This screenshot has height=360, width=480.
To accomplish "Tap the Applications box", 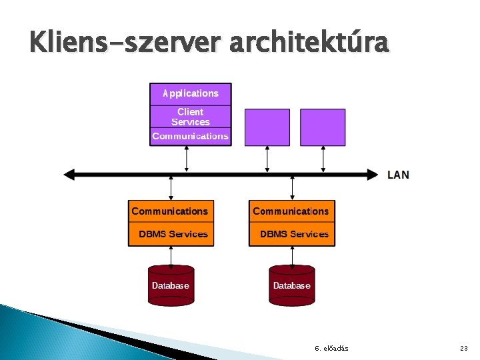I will coord(191,93).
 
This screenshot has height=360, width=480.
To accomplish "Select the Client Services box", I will coord(191,117).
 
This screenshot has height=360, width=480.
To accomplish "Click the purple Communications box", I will coord(191,136).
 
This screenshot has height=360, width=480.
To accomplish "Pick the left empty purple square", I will coord(267,127).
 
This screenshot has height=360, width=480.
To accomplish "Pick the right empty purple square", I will coord(323,127).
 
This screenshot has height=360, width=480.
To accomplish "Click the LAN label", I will coord(398,175).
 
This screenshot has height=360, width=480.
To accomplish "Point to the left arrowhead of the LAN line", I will coord(69,175).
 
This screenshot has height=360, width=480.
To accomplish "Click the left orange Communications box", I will coord(171,211).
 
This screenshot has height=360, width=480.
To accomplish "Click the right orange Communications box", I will coord(291,211).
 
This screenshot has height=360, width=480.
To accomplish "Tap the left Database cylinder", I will coord(171,285).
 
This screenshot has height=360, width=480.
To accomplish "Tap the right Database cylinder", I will coord(291,285).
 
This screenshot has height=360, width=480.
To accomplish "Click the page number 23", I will coord(464,349).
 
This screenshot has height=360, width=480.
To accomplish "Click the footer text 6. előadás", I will coord(331,349).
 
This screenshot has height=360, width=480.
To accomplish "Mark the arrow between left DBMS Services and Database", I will coord(171,255).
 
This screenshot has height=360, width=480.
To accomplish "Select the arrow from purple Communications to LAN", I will coord(187,159).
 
